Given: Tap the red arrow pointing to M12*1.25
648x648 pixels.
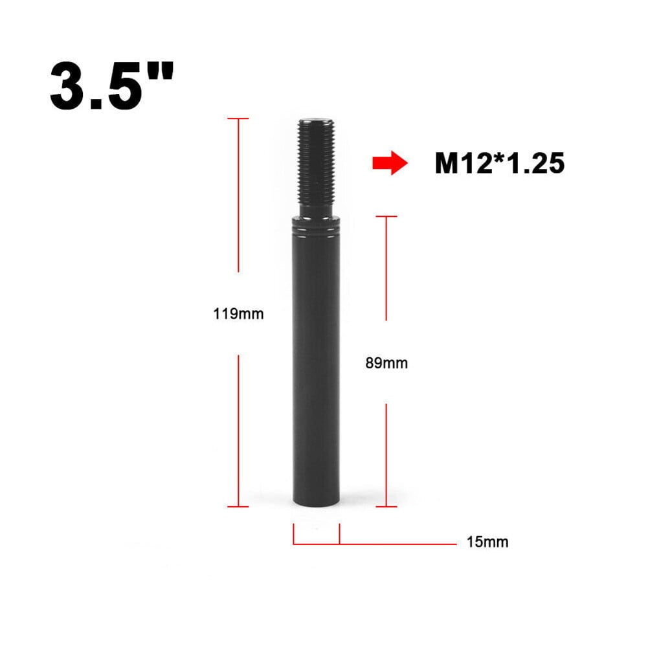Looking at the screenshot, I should (389, 163).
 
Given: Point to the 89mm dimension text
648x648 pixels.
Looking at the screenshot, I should (386, 363).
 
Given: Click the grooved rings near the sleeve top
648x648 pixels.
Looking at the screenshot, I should (317, 228).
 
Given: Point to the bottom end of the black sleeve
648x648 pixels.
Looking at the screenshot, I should (317, 505).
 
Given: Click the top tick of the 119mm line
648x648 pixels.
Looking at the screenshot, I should (239, 118).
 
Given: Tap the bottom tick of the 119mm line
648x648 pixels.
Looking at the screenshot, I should (239, 506).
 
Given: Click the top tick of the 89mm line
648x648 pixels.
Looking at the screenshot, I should (386, 216).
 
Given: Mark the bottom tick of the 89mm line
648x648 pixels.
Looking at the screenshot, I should (386, 506).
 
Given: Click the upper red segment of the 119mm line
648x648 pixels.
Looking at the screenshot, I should (239, 194).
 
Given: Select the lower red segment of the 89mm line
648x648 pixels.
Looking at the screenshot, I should (386, 453).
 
